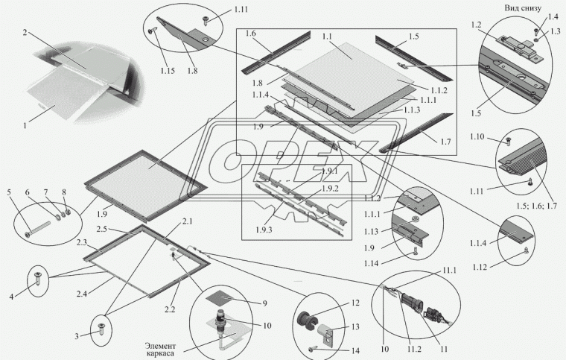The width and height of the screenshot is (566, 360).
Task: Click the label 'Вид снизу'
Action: tap(523, 8)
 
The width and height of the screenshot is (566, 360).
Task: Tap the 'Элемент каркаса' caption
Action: tap(160, 349)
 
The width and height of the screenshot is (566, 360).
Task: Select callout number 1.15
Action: tap(168, 70)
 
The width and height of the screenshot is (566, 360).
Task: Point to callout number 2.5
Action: tap(101, 229)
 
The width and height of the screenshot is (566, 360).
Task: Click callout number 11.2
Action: tap(414, 349)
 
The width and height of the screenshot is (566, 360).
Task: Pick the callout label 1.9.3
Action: tap(264, 230)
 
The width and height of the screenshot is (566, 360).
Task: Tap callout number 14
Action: tap(355, 350)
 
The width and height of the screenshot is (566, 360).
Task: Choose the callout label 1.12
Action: tap(480, 267)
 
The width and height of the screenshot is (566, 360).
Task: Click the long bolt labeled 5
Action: tap(37, 230)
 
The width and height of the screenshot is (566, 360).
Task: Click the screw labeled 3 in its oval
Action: tap(101, 329)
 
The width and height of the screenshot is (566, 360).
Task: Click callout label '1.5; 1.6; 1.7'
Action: tap(536, 206)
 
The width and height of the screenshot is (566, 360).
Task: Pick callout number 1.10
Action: tap(477, 136)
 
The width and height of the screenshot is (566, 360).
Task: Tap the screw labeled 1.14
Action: tap(416, 253)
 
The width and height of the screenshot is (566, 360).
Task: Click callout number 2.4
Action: tap(82, 294)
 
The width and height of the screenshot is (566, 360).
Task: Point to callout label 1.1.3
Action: tap(412, 110)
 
